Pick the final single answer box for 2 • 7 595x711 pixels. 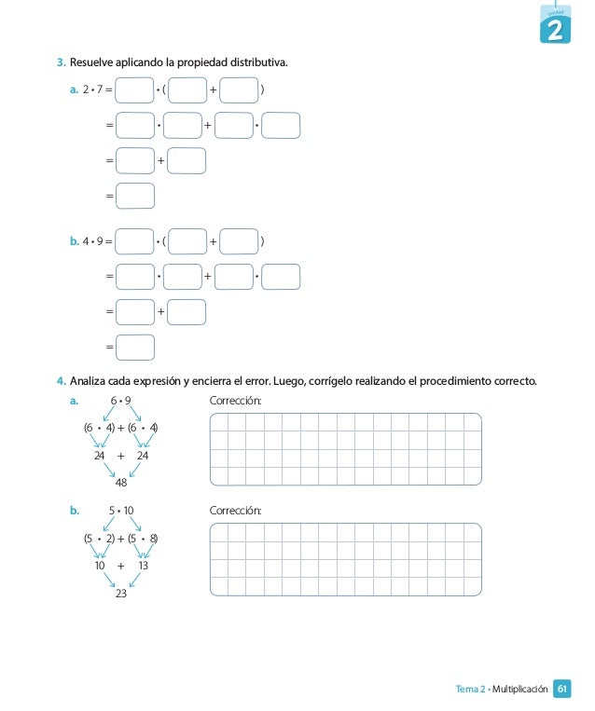pos(136,196)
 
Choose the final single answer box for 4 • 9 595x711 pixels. pos(136,347)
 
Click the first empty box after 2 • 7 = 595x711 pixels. pos(135,90)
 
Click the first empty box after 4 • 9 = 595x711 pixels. pos(135,242)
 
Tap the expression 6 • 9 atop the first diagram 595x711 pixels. pos(121,401)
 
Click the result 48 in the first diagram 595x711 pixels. pos(121,482)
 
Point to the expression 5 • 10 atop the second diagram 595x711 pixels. pos(121,511)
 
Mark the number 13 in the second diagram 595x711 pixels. pos(144,566)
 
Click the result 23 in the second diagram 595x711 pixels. pos(121,593)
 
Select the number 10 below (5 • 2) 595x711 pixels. pos(99,566)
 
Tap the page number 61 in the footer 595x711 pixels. pos(562,689)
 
